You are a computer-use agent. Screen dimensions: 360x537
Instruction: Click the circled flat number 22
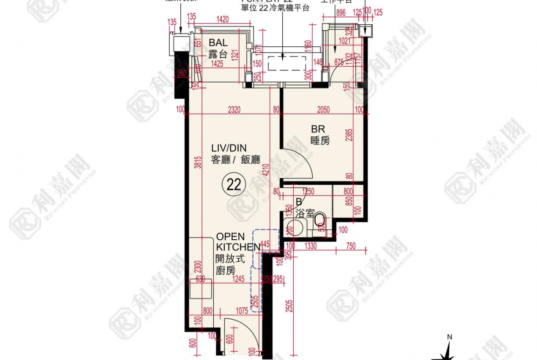[234, 184]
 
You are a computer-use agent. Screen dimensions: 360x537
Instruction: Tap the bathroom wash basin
[291, 227]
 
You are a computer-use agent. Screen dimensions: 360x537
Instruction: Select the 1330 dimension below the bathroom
[311, 246]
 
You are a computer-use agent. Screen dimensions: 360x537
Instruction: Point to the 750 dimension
[350, 246]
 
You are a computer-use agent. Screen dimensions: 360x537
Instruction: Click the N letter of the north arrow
[450, 337]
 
